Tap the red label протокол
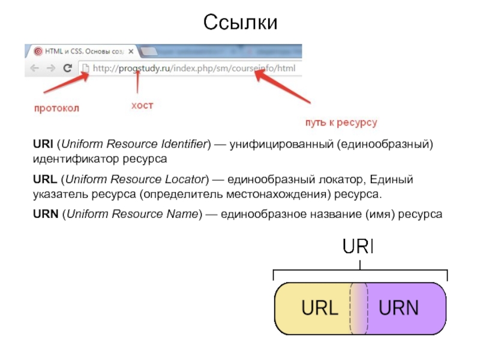56,109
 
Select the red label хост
142,106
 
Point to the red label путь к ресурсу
341,122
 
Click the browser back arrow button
32,68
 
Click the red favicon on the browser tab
38,51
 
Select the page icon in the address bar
86,68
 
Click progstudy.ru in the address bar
144,68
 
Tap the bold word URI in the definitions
42,145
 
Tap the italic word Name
182,214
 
